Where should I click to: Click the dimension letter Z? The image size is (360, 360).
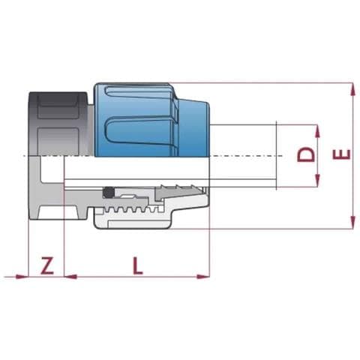(x=47, y=265)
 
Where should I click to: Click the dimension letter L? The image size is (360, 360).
(x=137, y=265)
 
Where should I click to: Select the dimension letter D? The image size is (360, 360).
(x=306, y=155)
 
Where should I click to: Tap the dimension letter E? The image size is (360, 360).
(x=341, y=154)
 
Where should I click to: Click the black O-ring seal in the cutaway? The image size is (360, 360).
(x=109, y=192)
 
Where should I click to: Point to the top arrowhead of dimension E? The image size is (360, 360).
(x=352, y=89)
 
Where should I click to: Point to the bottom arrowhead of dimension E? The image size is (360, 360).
(x=352, y=223)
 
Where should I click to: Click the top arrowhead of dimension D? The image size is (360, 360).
(x=317, y=131)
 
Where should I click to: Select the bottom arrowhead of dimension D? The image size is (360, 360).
(x=317, y=181)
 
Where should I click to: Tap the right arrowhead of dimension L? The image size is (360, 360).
(x=203, y=277)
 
